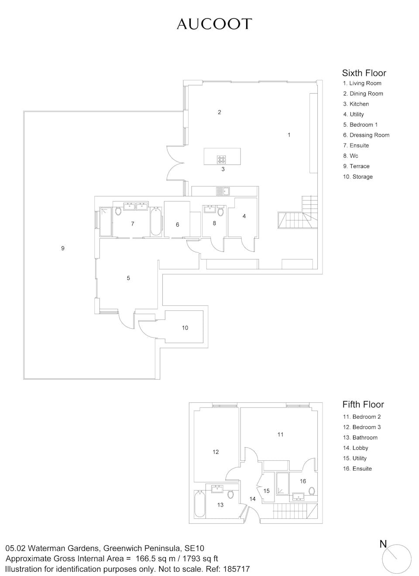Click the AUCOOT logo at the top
(x=214, y=24)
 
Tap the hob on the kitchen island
(x=221, y=160)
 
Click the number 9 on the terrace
(x=63, y=248)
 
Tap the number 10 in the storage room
(x=185, y=328)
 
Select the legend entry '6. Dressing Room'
(x=366, y=135)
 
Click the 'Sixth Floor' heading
(x=364, y=73)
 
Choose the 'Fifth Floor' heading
(x=363, y=405)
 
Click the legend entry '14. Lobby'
(x=355, y=448)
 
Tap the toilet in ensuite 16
(x=312, y=491)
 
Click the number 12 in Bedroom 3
(x=216, y=452)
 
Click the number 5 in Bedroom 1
(x=128, y=278)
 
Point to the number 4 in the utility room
(x=244, y=216)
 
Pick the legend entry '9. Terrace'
(x=356, y=166)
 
